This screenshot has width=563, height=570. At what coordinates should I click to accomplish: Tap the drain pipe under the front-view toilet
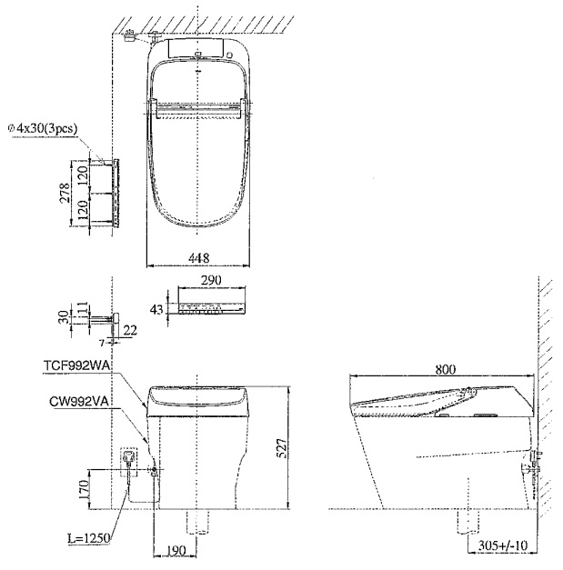click(x=197, y=521)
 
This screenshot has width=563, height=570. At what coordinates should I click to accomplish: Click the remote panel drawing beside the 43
click(x=211, y=310)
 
